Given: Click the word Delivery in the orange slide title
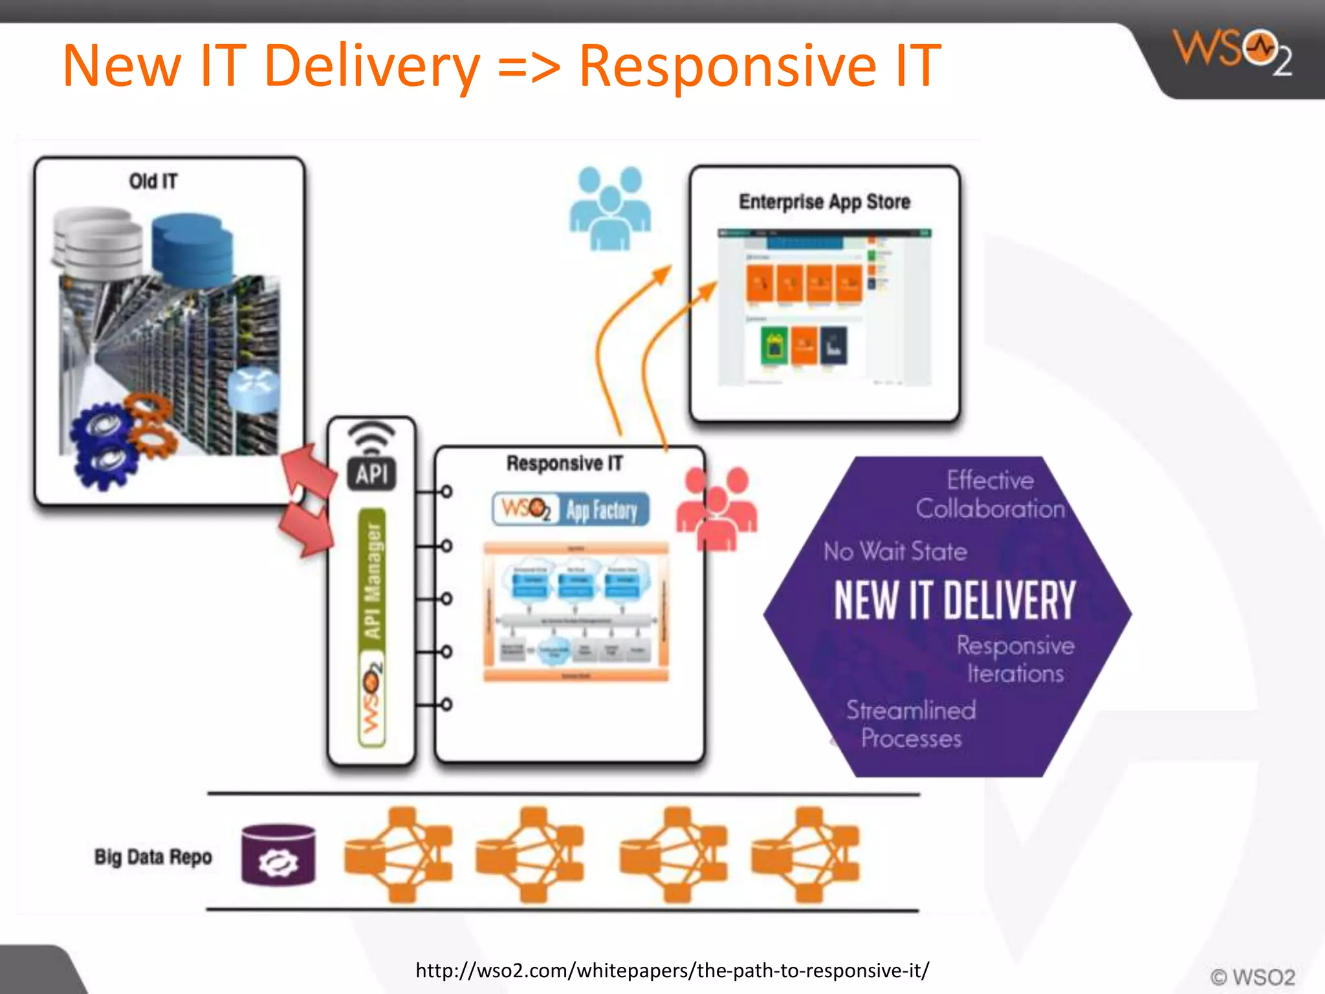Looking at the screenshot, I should [372, 66].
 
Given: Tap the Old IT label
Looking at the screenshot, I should [153, 181].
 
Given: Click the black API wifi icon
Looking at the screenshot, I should [371, 457].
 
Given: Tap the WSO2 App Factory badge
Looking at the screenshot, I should [570, 509].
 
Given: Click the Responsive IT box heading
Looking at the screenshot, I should [564, 463].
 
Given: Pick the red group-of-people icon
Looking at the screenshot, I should [716, 508].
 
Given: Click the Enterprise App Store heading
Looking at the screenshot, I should [824, 202].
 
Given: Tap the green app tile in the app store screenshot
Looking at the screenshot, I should [774, 346].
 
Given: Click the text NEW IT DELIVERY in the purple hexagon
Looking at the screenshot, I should [954, 601].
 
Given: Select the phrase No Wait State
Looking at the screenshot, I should [895, 551].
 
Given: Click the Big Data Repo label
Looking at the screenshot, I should [153, 857].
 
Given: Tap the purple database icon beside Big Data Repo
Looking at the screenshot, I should [278, 855].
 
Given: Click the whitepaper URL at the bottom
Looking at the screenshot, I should [672, 970].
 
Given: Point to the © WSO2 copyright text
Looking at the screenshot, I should [1253, 977].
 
